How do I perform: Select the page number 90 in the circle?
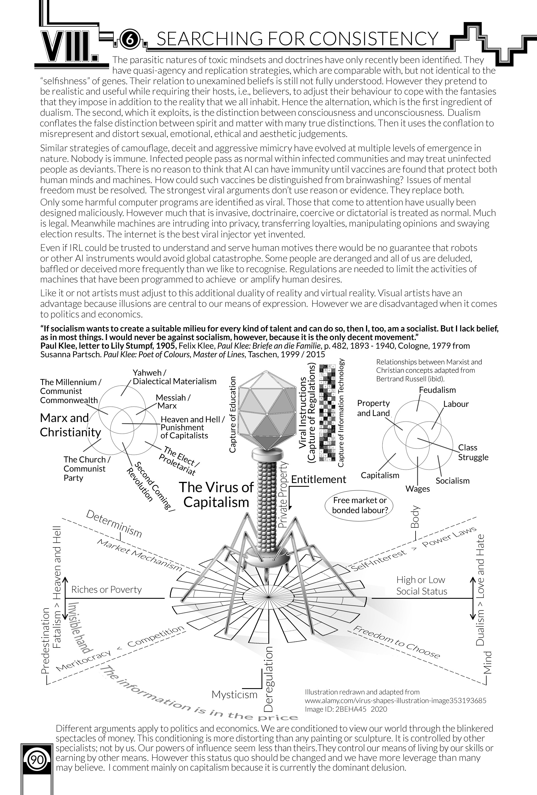click(x=37, y=760)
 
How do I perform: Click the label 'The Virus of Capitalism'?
click(x=216, y=495)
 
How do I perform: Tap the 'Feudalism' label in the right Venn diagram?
click(x=437, y=390)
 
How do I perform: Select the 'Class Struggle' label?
click(x=473, y=452)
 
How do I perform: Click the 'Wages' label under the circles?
click(x=418, y=488)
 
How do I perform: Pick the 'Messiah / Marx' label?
click(x=173, y=402)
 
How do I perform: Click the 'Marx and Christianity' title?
click(x=70, y=425)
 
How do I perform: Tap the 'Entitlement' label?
click(x=318, y=479)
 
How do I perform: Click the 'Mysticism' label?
click(x=234, y=694)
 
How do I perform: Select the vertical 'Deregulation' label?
click(x=269, y=679)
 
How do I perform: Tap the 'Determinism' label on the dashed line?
click(x=113, y=524)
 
